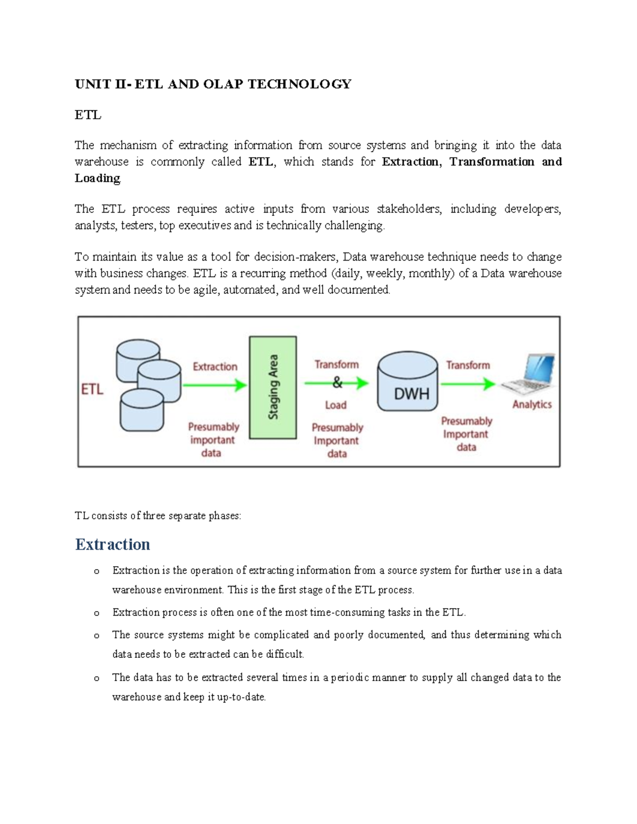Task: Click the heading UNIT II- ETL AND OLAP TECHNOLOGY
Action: tap(213, 84)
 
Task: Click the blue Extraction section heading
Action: tap(113, 544)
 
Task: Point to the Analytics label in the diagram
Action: tap(532, 404)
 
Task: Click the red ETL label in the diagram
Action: tap(92, 389)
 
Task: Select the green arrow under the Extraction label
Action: tap(214, 385)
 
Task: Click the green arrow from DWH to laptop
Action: tap(468, 384)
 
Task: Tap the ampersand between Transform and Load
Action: tap(337, 382)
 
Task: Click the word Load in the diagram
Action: tap(335, 405)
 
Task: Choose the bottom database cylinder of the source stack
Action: tap(142, 411)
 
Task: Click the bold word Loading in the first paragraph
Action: tap(98, 178)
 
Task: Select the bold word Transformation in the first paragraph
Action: tap(492, 162)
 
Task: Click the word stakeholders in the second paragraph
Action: tap(409, 209)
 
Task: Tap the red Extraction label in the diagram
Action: tap(215, 367)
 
